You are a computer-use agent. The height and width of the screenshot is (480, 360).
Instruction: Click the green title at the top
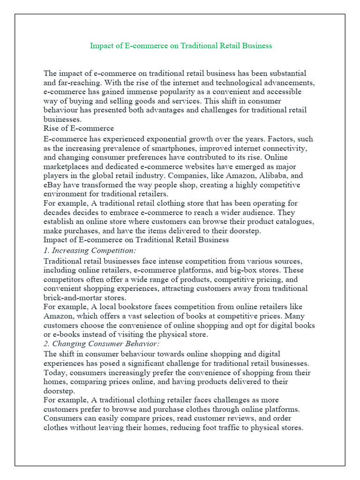[x=180, y=46]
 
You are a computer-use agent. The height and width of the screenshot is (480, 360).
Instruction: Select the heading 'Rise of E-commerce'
[x=78, y=128]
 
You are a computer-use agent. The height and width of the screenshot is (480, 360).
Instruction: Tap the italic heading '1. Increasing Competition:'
[x=90, y=250]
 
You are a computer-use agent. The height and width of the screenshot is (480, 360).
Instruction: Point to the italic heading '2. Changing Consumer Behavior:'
[x=101, y=344]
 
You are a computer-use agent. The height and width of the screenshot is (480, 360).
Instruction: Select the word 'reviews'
[x=262, y=419]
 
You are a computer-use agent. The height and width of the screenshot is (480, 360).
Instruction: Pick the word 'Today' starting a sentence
[x=53, y=373]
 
